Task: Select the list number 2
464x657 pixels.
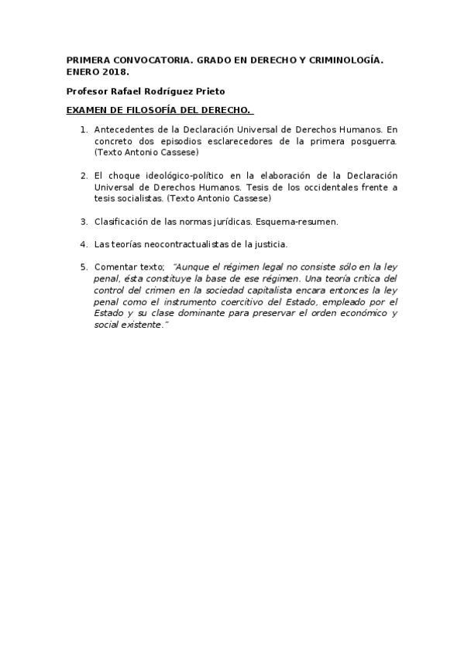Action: pyautogui.click(x=84, y=176)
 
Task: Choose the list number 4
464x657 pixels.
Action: pyautogui.click(x=84, y=244)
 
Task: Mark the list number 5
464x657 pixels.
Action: pyautogui.click(x=84, y=267)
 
